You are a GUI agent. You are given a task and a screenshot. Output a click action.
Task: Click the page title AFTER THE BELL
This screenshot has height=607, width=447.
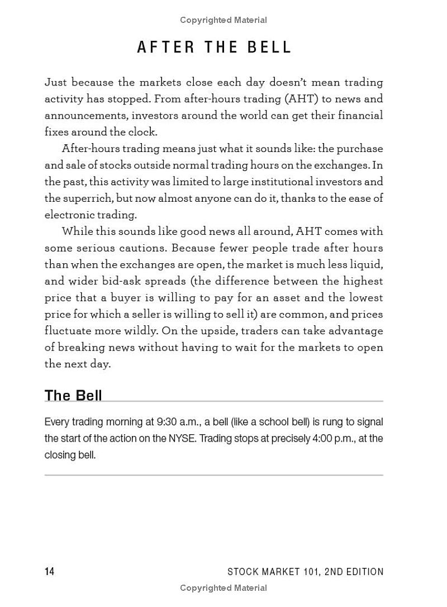(x=215, y=48)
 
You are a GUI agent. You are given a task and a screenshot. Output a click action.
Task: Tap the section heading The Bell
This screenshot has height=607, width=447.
(x=73, y=395)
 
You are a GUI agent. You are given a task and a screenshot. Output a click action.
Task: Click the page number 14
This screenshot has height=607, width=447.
(x=50, y=571)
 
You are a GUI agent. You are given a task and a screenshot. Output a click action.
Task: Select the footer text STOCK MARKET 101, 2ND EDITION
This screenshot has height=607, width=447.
(x=306, y=571)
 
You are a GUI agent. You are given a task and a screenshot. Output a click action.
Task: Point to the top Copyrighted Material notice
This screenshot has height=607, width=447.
(x=223, y=20)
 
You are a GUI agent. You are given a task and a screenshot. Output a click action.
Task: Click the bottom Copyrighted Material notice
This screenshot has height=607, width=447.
(x=223, y=588)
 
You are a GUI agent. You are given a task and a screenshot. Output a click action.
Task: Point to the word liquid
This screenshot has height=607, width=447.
(x=366, y=264)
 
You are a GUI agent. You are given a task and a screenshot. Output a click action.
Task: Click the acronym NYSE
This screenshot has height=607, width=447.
(x=183, y=438)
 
